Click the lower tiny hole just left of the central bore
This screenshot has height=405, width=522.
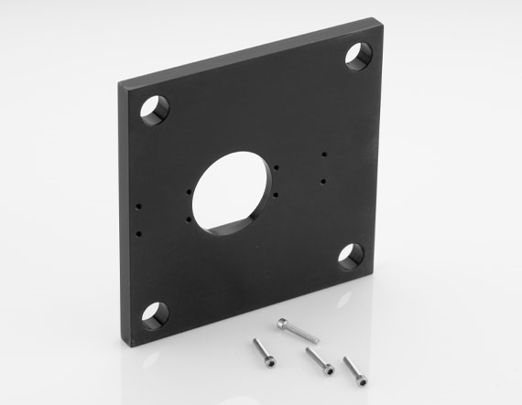[190, 219]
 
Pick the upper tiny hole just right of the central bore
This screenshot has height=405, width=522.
[275, 166]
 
